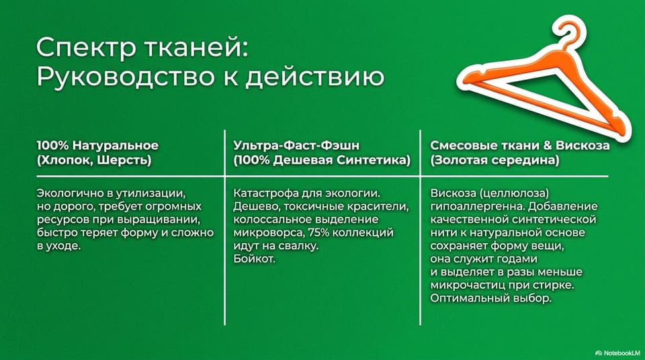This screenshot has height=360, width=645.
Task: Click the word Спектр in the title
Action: (x=86, y=48)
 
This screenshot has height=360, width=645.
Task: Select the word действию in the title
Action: (x=314, y=77)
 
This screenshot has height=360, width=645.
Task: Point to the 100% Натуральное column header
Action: (x=97, y=146)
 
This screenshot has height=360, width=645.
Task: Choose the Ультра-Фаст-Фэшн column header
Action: (x=296, y=146)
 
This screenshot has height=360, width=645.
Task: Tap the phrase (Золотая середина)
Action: (x=495, y=160)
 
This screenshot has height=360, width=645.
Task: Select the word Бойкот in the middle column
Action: (x=254, y=259)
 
